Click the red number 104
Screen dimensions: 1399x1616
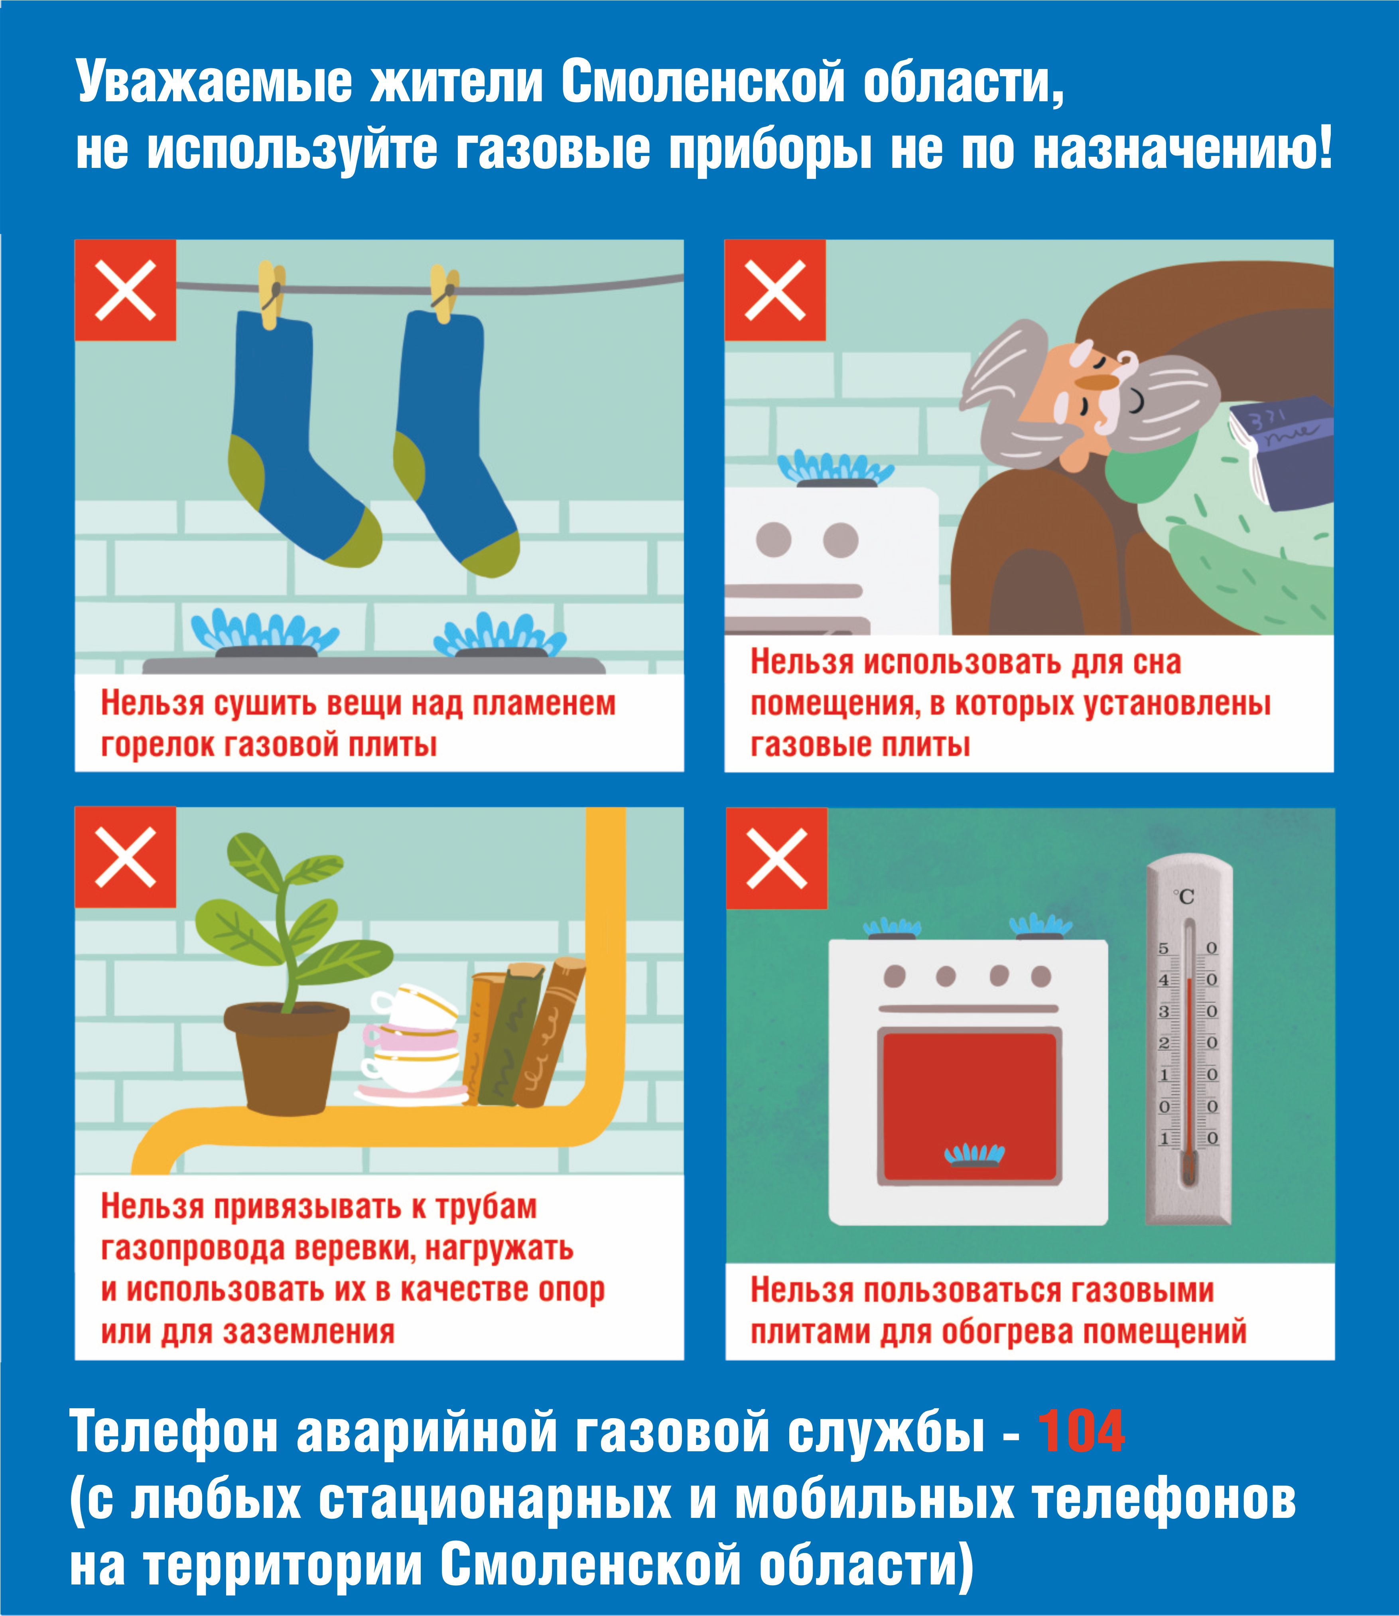click(x=1081, y=1431)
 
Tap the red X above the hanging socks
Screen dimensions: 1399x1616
click(x=125, y=290)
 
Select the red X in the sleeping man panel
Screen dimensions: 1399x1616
click(x=775, y=290)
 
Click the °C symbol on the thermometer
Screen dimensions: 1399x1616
click(x=1184, y=896)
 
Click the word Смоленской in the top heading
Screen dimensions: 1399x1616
click(x=703, y=83)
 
